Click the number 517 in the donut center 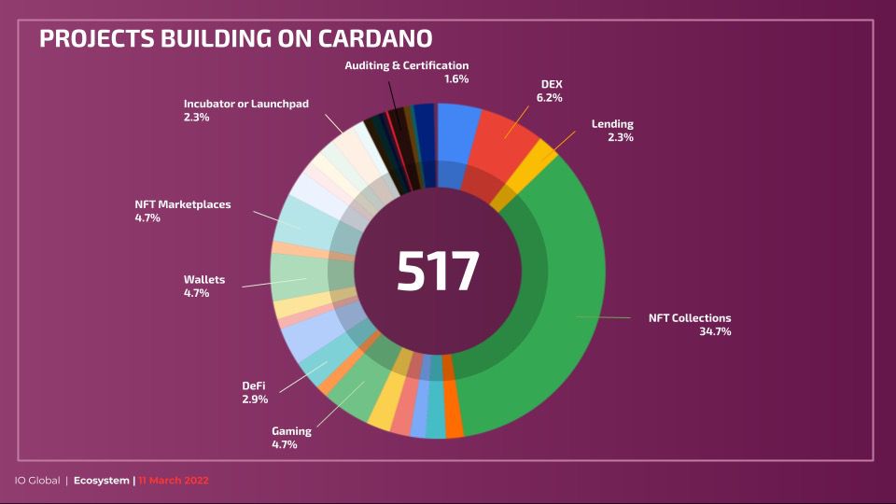tap(438, 272)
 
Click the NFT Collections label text tap(690, 317)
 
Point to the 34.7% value tap(714, 331)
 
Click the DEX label tap(552, 84)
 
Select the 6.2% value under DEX tap(549, 97)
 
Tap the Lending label tap(612, 124)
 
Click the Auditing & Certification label tap(406, 65)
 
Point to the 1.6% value tap(456, 79)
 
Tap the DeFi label tap(255, 385)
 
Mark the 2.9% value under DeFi tap(255, 399)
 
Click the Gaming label tap(291, 431)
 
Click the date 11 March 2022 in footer tap(174, 481)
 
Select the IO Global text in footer tap(36, 481)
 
